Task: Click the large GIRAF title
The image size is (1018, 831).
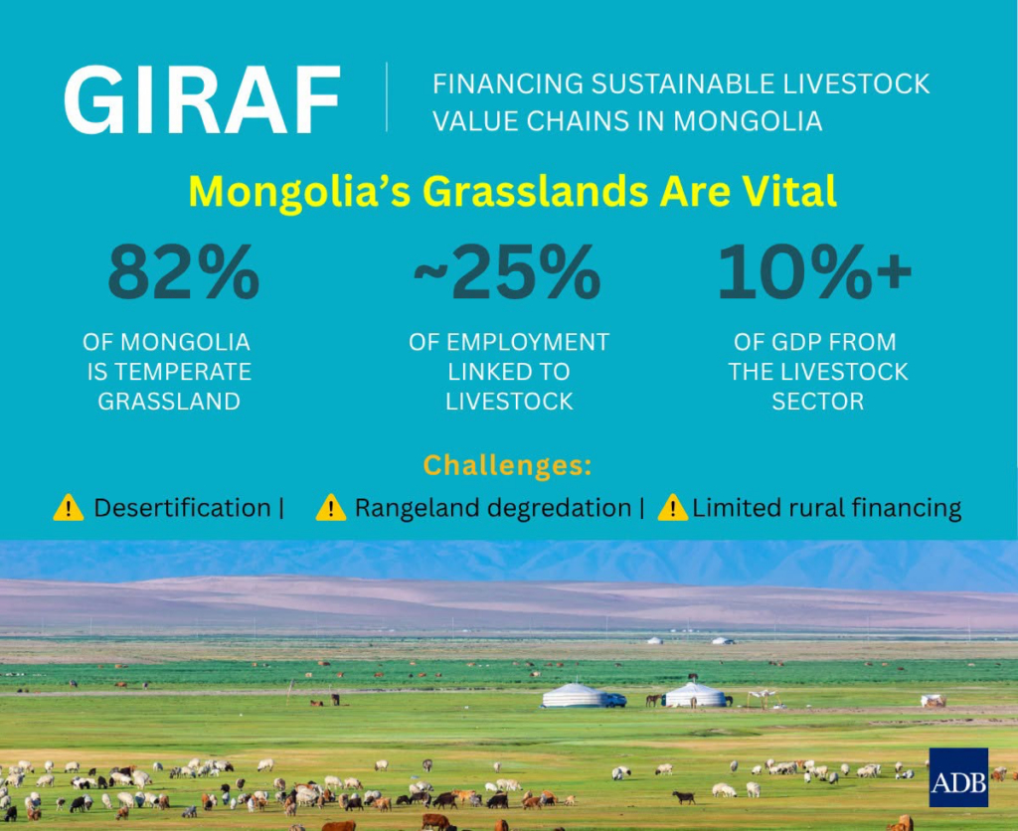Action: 202,99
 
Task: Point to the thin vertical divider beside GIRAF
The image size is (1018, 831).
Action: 387,97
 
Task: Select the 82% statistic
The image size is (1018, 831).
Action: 184,271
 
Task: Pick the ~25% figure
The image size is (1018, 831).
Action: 507,271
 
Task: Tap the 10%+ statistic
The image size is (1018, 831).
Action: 815,271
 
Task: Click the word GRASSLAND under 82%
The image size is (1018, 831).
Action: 169,402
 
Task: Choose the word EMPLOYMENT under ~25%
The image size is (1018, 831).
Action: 528,342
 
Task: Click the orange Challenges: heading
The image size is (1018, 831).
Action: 507,465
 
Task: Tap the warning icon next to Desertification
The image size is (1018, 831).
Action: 69,508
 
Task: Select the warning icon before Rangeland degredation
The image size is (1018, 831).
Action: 330,508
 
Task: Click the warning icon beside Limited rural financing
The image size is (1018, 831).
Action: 673,508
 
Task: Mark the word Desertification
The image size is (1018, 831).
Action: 183,508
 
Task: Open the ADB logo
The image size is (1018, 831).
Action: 958,777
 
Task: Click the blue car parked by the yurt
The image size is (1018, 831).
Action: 614,701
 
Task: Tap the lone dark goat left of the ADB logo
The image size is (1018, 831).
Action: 683,797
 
